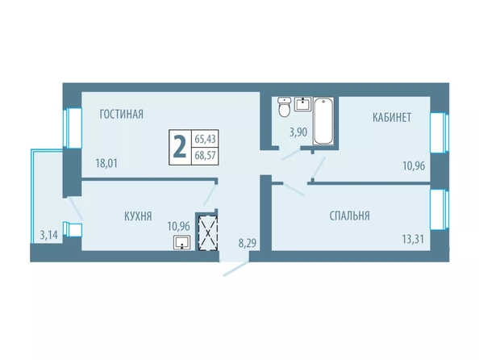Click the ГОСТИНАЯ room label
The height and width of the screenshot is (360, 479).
[x=121, y=114]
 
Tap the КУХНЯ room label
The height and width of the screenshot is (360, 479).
[x=138, y=216]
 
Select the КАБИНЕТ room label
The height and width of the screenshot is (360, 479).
[x=392, y=117]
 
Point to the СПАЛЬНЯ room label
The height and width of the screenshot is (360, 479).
[x=349, y=216]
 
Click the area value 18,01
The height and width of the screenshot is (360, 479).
[x=106, y=163]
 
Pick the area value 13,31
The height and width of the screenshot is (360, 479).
[x=413, y=239]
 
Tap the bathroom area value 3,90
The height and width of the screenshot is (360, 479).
[x=298, y=132]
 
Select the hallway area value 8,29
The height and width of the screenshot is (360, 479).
[x=247, y=243]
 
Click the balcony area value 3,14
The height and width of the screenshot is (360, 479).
[x=49, y=235]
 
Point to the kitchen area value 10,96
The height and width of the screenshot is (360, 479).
[x=179, y=226]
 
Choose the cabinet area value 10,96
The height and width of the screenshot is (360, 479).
[x=414, y=165]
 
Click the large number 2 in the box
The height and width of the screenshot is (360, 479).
[x=180, y=147]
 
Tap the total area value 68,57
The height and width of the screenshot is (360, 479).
[x=206, y=155]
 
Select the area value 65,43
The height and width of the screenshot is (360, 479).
[x=206, y=139]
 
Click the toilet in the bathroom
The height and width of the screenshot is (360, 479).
[x=285, y=107]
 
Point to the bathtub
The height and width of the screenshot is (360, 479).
[x=323, y=121]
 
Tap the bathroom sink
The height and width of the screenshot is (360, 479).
[x=302, y=103]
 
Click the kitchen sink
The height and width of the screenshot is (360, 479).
[x=182, y=242]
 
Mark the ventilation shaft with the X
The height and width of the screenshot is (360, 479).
[x=208, y=232]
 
